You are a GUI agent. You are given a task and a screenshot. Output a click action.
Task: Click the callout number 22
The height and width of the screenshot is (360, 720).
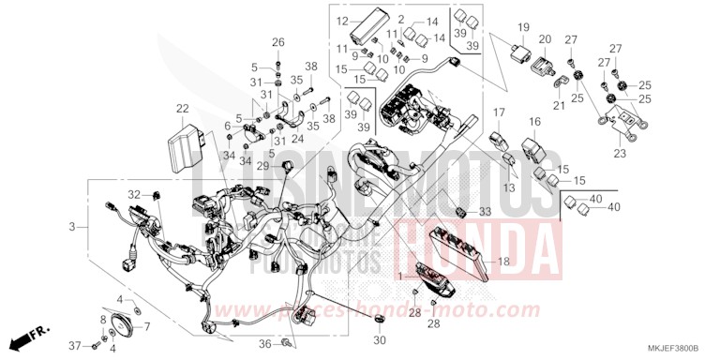pos(182,110)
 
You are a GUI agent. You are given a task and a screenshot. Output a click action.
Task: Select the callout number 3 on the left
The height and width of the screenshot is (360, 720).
pos(71,227)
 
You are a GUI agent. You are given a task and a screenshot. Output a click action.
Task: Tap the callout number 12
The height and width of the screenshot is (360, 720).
pos(343,21)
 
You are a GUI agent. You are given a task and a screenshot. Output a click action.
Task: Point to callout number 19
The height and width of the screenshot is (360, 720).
pos(523,27)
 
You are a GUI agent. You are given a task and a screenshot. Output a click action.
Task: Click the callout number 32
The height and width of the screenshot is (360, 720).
pos(134,194)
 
